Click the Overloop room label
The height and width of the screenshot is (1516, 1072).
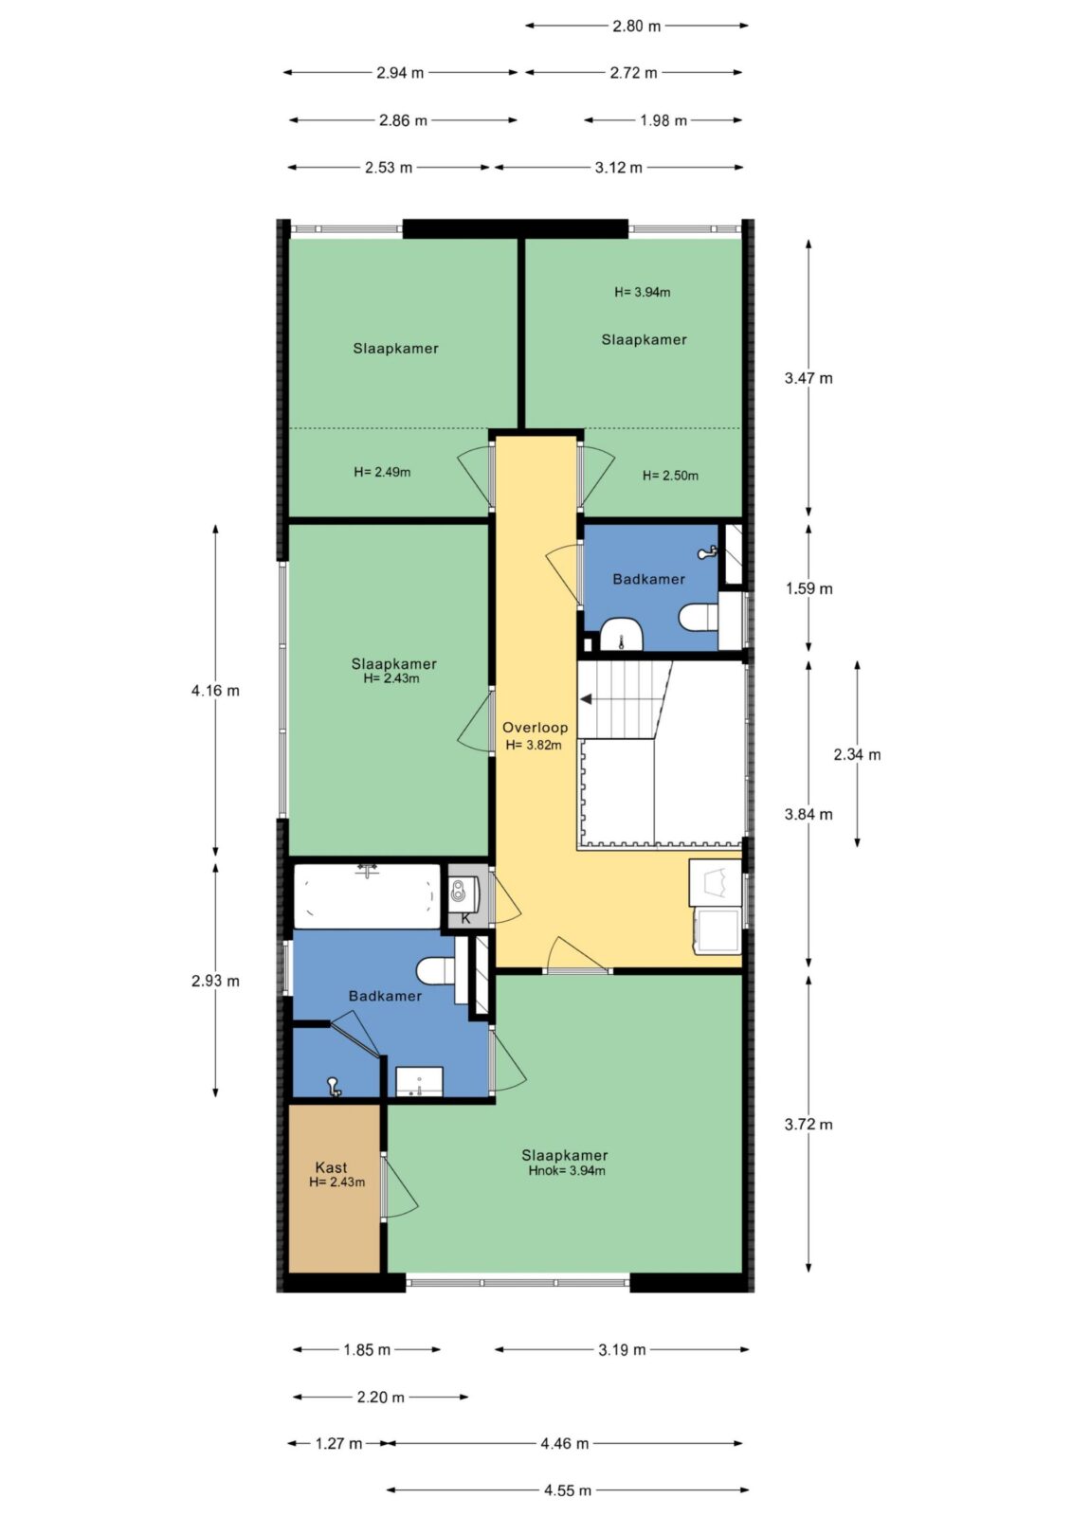tap(535, 728)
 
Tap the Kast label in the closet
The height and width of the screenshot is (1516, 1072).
tap(331, 1167)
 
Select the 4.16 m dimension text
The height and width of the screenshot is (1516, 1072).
tap(215, 691)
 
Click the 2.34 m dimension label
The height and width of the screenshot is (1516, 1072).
tap(857, 754)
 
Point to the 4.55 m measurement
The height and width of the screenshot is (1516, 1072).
tap(568, 1490)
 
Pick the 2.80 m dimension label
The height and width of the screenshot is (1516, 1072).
tap(637, 27)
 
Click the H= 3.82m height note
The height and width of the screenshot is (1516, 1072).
tap(534, 745)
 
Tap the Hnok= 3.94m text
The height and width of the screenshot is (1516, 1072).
tap(567, 1171)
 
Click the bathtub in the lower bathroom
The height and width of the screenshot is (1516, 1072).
tap(367, 896)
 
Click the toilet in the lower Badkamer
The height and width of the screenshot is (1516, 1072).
tap(435, 971)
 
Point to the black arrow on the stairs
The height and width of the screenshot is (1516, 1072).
tap(586, 699)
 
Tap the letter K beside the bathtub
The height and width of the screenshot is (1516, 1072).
tap(465, 919)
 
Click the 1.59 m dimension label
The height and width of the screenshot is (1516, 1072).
tap(809, 588)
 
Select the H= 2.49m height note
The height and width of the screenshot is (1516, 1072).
tap(382, 473)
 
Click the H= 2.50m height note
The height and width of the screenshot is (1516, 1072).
tap(670, 476)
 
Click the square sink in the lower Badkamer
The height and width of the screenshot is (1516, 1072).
tap(419, 1081)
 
